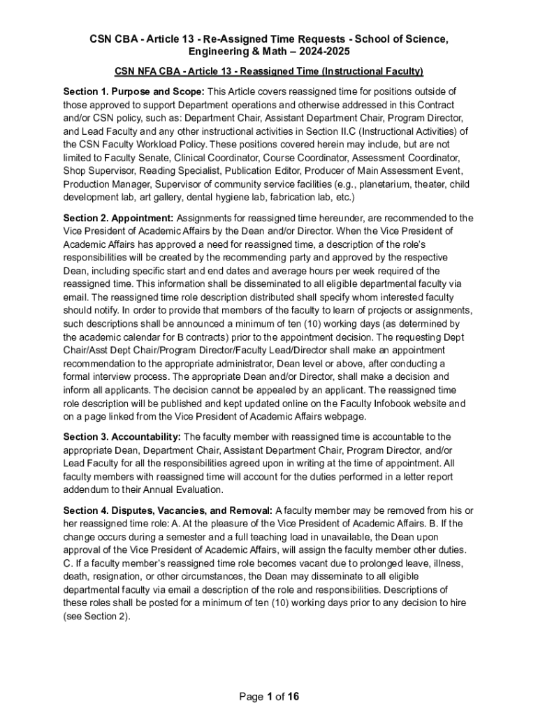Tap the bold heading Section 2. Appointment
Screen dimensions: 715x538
(118, 218)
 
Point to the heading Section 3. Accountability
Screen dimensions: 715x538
(122, 437)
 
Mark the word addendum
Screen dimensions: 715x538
(84, 490)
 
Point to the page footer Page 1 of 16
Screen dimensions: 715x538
(269, 697)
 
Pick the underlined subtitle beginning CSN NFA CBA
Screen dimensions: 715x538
(269, 71)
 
